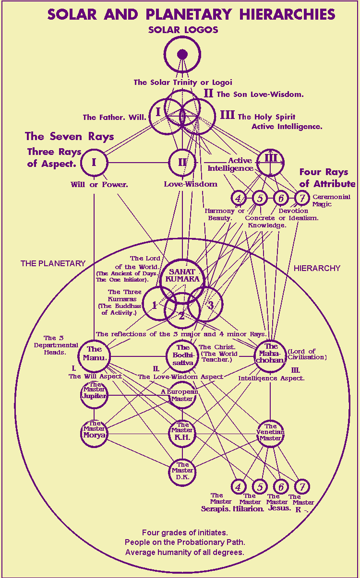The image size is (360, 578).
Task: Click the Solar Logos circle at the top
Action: point(182,54)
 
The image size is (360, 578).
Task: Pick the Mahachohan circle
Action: point(270,356)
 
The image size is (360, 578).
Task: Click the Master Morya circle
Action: point(94,433)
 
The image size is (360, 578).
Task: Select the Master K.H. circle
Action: point(182,433)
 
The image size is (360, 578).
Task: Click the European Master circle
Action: point(182,395)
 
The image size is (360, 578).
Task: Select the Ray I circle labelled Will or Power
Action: point(94,162)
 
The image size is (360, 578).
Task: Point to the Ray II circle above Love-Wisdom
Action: point(182,162)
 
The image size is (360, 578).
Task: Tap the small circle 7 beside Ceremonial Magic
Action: point(301,197)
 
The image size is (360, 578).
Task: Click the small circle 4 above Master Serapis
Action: point(238,486)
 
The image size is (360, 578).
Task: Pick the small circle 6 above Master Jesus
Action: point(281,486)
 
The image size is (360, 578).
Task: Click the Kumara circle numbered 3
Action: point(206,304)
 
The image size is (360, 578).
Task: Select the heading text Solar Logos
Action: point(183,30)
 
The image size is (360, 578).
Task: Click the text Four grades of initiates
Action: point(184,533)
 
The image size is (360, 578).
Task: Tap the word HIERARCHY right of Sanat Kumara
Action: point(317,268)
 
